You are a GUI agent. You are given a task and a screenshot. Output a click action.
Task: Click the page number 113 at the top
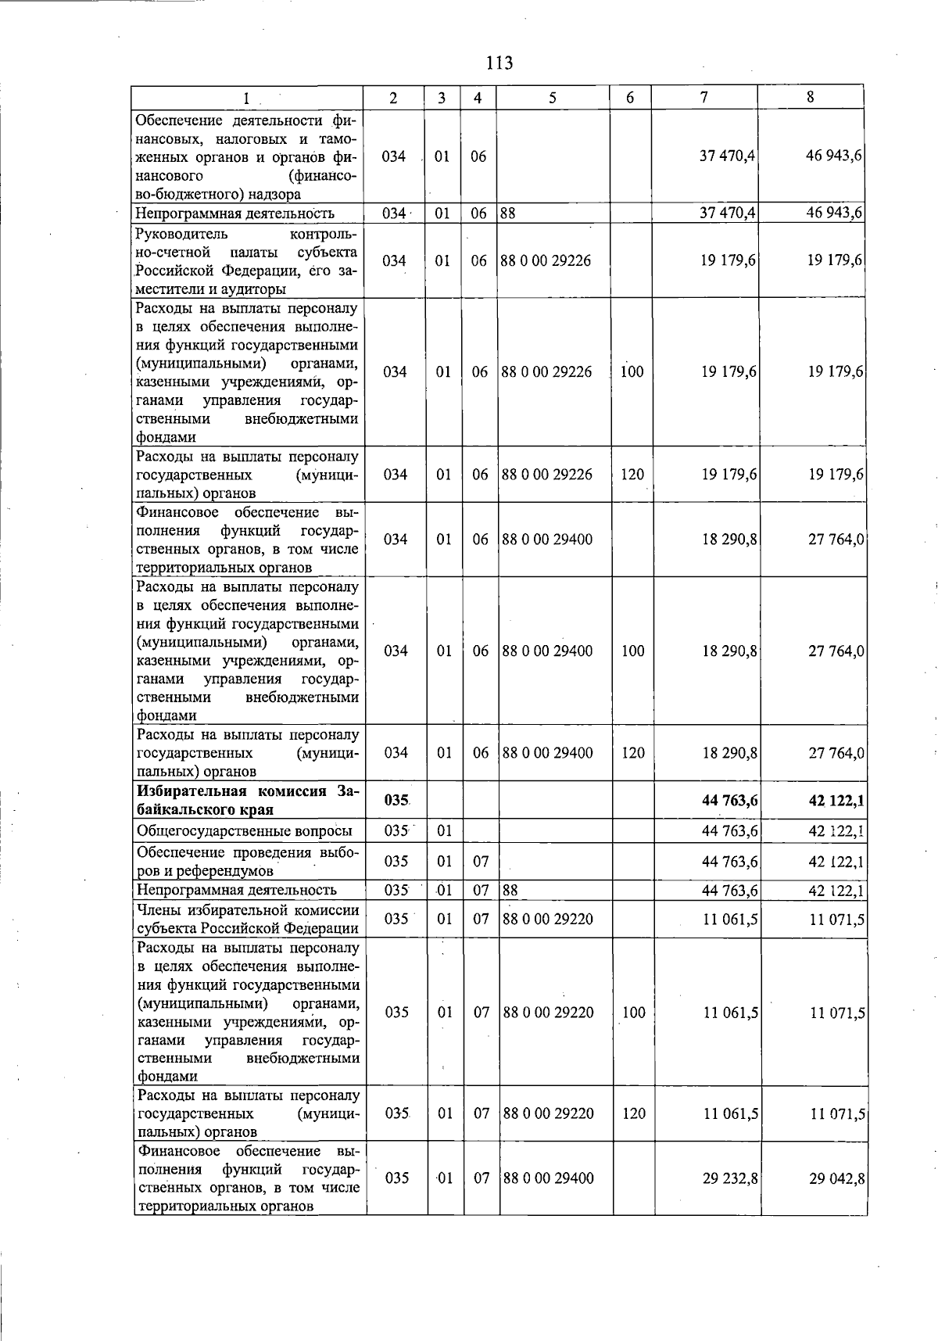coord(499,63)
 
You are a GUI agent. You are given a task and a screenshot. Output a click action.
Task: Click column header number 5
coord(553,98)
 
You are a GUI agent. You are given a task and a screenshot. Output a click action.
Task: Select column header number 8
coord(811,98)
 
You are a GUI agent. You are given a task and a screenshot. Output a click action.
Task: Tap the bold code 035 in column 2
coord(397,800)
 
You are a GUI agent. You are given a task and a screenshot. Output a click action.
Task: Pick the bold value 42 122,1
coord(836,800)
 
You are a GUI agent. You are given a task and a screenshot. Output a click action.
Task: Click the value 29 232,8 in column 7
coord(729,1178)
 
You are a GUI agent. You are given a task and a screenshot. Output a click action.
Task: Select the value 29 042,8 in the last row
coord(836,1178)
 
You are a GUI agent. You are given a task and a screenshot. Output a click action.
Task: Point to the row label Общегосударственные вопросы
coord(244,830)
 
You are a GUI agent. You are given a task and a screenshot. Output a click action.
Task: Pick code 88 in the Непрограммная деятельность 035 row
coord(510,890)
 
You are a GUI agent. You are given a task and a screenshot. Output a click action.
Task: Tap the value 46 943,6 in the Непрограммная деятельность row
coord(834,213)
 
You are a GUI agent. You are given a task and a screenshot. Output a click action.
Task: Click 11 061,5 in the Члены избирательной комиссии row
coord(730,919)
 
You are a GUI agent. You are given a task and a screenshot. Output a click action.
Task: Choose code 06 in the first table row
coord(478,156)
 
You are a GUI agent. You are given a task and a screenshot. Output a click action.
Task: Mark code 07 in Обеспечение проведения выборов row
coord(481,861)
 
